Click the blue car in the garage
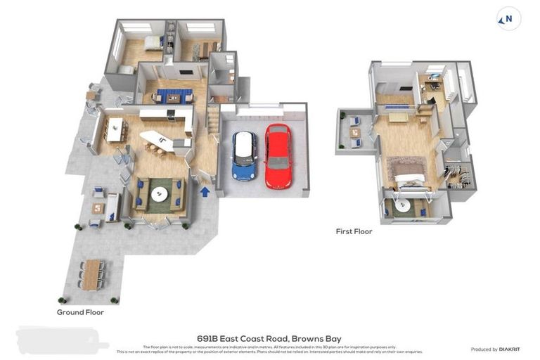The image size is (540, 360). (x=245, y=155)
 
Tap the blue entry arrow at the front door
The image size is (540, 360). (x=205, y=191)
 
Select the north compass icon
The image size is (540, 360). (x=508, y=19)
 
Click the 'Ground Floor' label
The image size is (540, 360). (x=80, y=312)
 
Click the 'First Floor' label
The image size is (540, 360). (x=354, y=231)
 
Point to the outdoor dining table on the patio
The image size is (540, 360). (x=92, y=275)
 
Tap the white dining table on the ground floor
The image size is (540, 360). (x=114, y=128)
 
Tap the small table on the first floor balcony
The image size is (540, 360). (x=356, y=132)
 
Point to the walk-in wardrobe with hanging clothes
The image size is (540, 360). (x=456, y=174)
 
